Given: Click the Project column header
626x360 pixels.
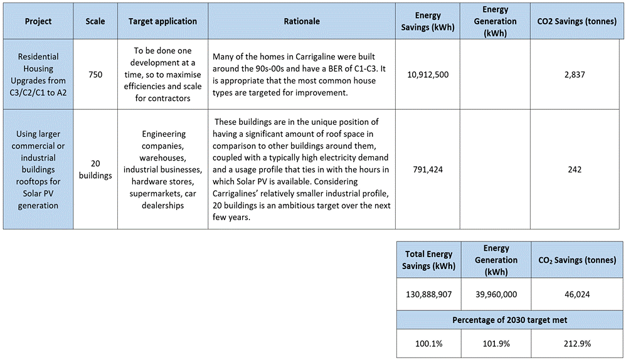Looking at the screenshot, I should pyautogui.click(x=38, y=21).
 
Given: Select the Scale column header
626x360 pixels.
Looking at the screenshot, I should pyautogui.click(x=95, y=21).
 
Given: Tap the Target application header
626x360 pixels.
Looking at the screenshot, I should pyautogui.click(x=162, y=21).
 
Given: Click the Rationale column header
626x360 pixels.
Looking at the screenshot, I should pyautogui.click(x=302, y=21).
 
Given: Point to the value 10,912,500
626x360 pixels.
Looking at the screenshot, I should pyautogui.click(x=427, y=75).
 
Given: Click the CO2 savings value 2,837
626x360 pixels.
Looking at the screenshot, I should pyautogui.click(x=575, y=75).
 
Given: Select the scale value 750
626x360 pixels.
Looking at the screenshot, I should pyautogui.click(x=95, y=75).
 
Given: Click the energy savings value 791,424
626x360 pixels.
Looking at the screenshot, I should pyautogui.click(x=427, y=169).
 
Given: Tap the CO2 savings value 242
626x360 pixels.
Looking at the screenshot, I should pyautogui.click(x=575, y=169).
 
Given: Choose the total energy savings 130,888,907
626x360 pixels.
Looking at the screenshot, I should pyautogui.click(x=428, y=293).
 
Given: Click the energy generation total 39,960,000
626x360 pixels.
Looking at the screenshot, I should pyautogui.click(x=492, y=293).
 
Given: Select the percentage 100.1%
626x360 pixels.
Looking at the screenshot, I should pyautogui.click(x=428, y=344).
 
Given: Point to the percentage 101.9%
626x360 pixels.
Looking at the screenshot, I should pyautogui.click(x=492, y=344).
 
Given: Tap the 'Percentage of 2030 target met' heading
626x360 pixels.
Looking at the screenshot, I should pyautogui.click(x=509, y=320).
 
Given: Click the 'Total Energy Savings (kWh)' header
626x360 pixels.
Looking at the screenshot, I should pyautogui.click(x=428, y=260).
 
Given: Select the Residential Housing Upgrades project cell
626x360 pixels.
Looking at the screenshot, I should pyautogui.click(x=38, y=75).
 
